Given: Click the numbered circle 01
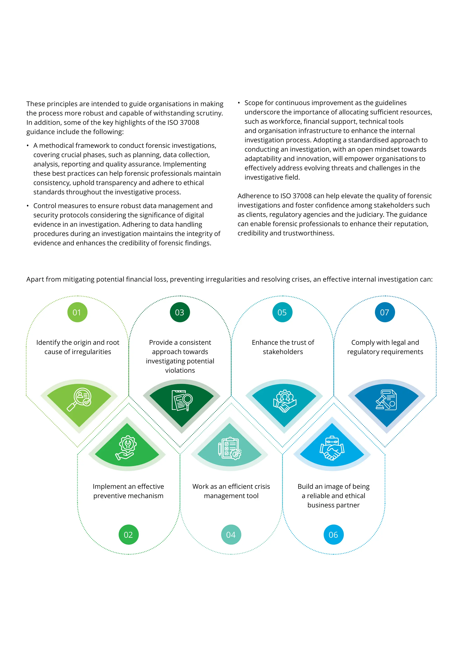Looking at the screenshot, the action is [x=77, y=312].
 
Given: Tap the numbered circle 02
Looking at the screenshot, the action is [x=128, y=535].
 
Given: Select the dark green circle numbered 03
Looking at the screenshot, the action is [x=180, y=312].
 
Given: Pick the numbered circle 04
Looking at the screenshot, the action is [x=231, y=535].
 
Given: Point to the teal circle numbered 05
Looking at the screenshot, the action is [x=282, y=312].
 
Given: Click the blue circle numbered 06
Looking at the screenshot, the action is [x=333, y=535].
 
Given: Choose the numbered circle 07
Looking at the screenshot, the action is [x=385, y=312].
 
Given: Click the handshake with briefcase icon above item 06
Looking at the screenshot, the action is [x=332, y=448].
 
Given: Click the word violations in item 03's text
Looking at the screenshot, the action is [x=180, y=370].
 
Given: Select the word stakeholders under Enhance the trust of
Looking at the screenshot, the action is [x=283, y=352].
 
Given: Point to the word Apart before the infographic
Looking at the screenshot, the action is [x=35, y=280].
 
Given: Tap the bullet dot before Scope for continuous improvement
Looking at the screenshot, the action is [x=239, y=103].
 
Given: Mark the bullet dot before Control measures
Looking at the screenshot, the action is [x=28, y=206].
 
